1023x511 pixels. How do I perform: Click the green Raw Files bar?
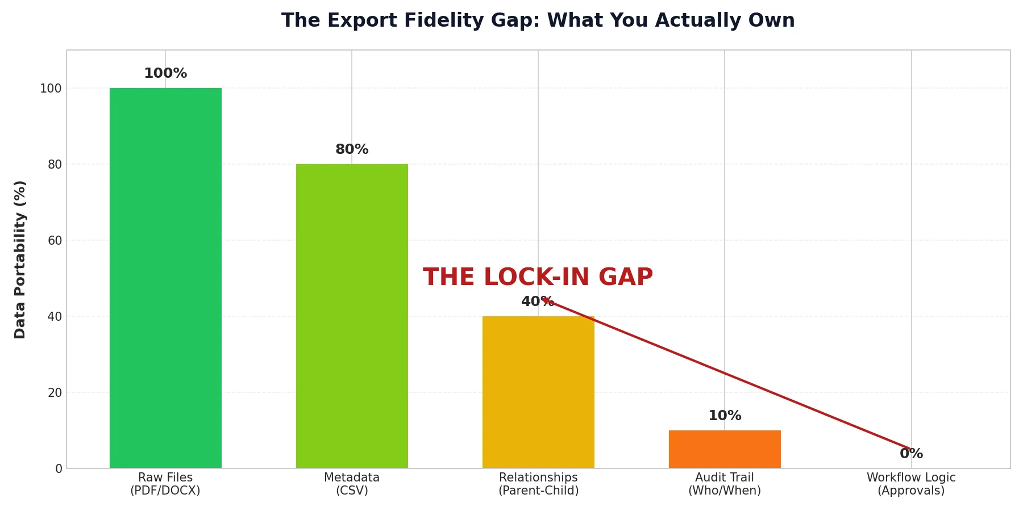[165, 278]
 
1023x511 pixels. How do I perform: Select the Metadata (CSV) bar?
[352, 316]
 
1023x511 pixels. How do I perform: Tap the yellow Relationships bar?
[538, 392]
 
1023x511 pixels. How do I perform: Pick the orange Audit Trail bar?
[725, 449]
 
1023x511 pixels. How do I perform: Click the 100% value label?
[165, 74]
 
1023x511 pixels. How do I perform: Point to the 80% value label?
[352, 150]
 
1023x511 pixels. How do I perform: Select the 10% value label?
[725, 416]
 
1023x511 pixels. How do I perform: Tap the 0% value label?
[911, 454]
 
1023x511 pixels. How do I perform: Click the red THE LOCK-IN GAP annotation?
[538, 278]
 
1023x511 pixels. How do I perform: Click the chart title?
[538, 21]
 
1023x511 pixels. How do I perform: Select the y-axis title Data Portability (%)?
[20, 259]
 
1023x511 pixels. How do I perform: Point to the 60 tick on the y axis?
[55, 241]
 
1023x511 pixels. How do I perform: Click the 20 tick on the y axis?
[55, 393]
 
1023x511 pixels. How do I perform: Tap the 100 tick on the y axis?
[51, 89]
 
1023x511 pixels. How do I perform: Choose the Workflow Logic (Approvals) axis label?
[911, 484]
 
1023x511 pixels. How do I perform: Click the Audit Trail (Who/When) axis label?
[725, 484]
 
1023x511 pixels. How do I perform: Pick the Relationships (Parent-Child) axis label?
[538, 484]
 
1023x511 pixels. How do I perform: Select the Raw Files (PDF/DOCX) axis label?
[165, 484]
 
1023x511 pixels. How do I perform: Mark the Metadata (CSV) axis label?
[352, 484]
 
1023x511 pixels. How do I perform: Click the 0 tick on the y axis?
[59, 469]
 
